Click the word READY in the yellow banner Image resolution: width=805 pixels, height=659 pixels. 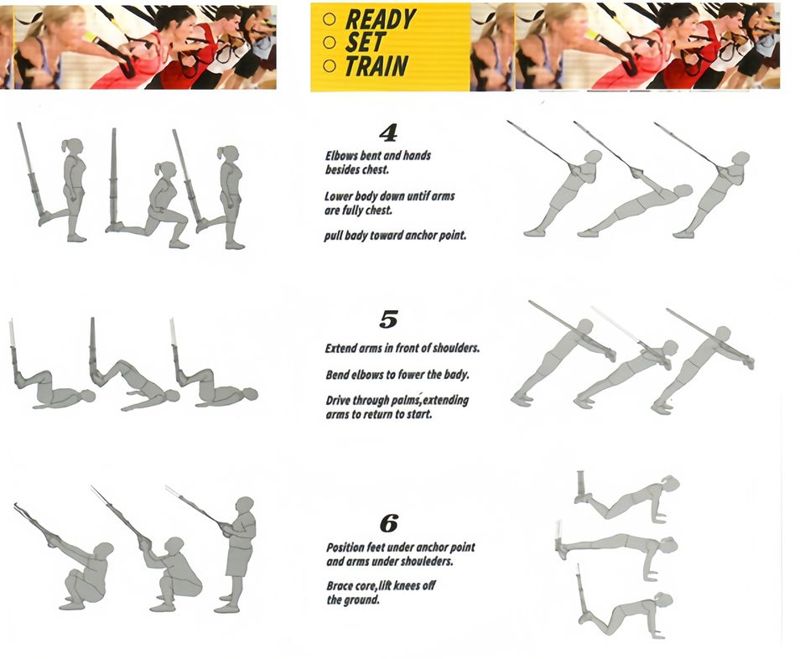pyautogui.click(x=381, y=19)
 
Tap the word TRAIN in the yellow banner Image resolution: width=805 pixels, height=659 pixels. pyautogui.click(x=377, y=66)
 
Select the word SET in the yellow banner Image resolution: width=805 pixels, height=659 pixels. pyautogui.click(x=365, y=43)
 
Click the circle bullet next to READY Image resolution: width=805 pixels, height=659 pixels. pyautogui.click(x=330, y=19)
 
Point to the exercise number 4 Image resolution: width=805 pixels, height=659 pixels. pyautogui.click(x=388, y=133)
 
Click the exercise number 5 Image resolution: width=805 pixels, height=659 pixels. pyautogui.click(x=388, y=319)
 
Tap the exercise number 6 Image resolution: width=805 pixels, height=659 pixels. pyautogui.click(x=388, y=524)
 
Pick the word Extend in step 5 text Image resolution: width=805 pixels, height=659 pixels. pyautogui.click(x=340, y=349)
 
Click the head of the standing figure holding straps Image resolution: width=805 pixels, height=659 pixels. pyautogui.click(x=245, y=505)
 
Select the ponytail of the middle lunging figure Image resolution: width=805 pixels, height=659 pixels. pyautogui.click(x=159, y=169)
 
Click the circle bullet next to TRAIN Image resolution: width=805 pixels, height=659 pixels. pyautogui.click(x=330, y=65)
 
